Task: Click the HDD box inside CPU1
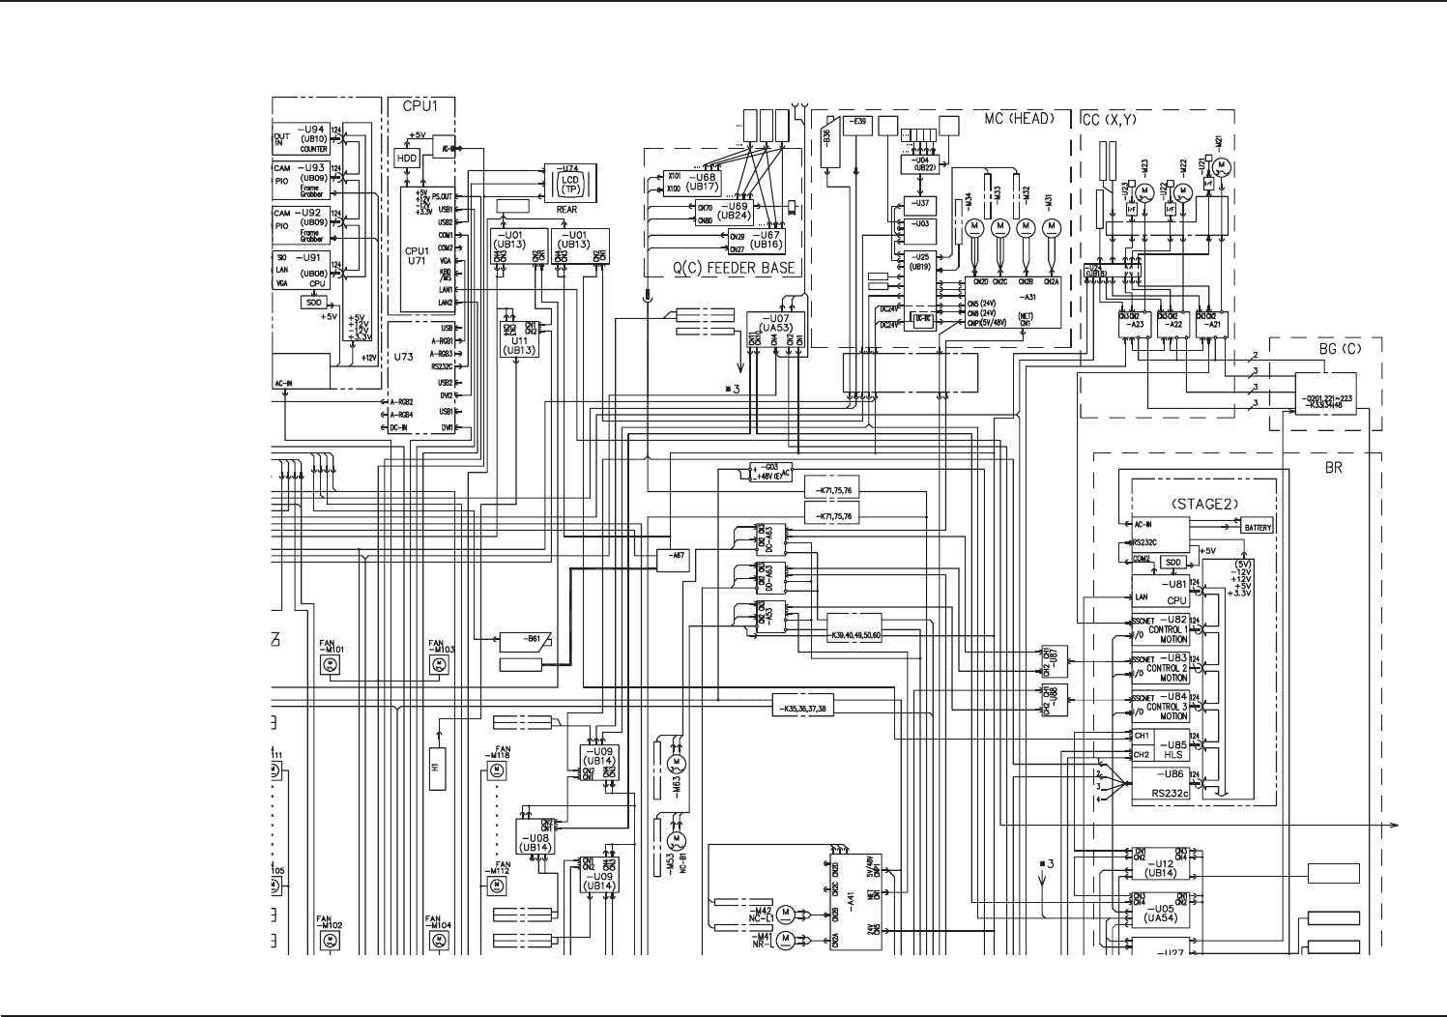click(x=406, y=158)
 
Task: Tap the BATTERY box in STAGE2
click(x=1258, y=527)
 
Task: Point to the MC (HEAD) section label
click(x=1019, y=119)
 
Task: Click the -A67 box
click(x=674, y=557)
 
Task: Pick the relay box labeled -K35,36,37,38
click(x=801, y=708)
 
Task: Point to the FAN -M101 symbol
click(x=329, y=664)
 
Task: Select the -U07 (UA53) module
click(x=775, y=334)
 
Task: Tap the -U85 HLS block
click(x=1171, y=747)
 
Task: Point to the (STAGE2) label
click(x=1199, y=505)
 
